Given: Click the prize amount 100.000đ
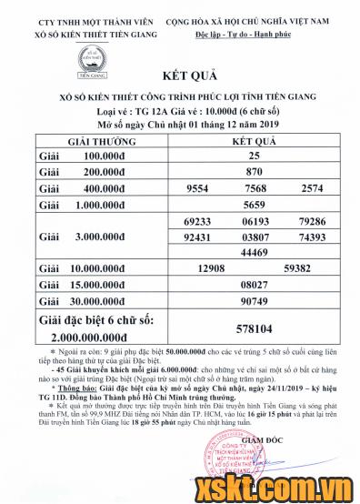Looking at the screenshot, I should coord(103,156).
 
